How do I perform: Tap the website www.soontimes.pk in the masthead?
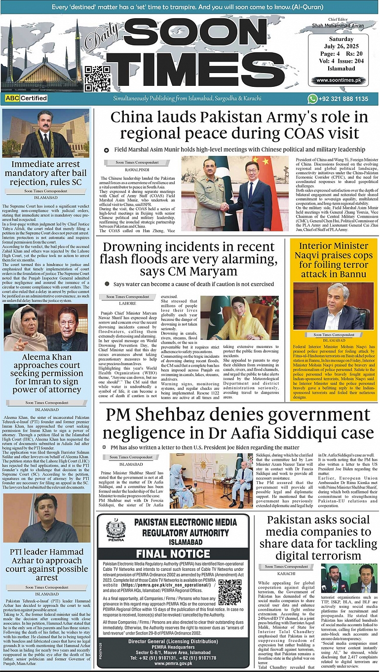pyautogui.click(x=339, y=80)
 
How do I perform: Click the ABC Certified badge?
pyautogui.click(x=27, y=98)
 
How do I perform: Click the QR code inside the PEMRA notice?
pyautogui.click(x=230, y=592)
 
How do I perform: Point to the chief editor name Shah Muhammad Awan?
pyautogui.click(x=338, y=25)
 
